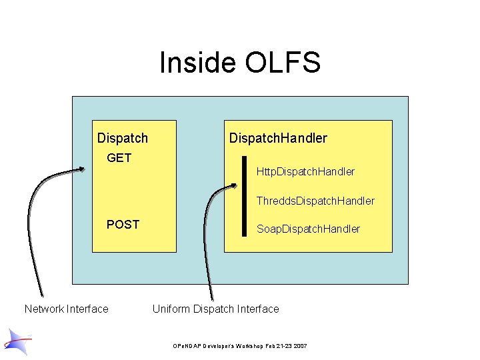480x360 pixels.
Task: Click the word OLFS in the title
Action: (283, 63)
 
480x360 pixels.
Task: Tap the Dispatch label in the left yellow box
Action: (123, 139)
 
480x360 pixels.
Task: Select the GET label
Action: (119, 158)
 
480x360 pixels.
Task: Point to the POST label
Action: (123, 225)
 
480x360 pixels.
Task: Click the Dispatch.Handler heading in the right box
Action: (278, 139)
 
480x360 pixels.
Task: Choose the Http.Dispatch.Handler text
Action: (305, 171)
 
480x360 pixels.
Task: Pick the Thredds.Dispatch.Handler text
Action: (315, 201)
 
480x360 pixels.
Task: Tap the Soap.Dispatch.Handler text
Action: (308, 229)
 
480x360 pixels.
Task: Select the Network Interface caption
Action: (66, 309)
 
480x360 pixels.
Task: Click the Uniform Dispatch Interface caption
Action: (215, 309)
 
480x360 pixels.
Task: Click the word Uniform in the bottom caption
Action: (171, 309)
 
